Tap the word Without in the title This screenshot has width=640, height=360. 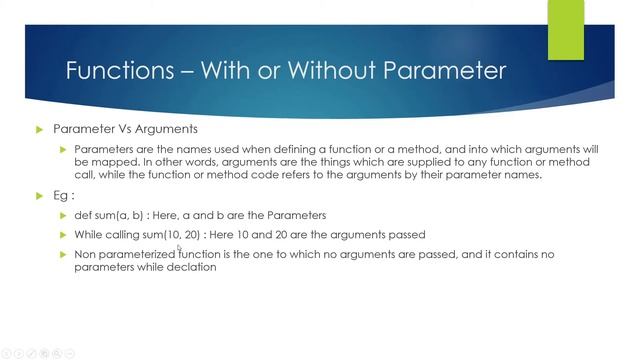coord(338,71)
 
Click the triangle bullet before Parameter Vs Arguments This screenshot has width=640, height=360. coord(40,129)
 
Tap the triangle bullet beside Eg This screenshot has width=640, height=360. coord(40,196)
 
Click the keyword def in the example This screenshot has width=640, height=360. coord(84,215)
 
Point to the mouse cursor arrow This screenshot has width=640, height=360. coord(180,249)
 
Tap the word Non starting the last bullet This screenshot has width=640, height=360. coord(87,254)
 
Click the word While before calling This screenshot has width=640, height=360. coord(90,234)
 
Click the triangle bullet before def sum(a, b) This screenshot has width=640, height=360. coord(63,215)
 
